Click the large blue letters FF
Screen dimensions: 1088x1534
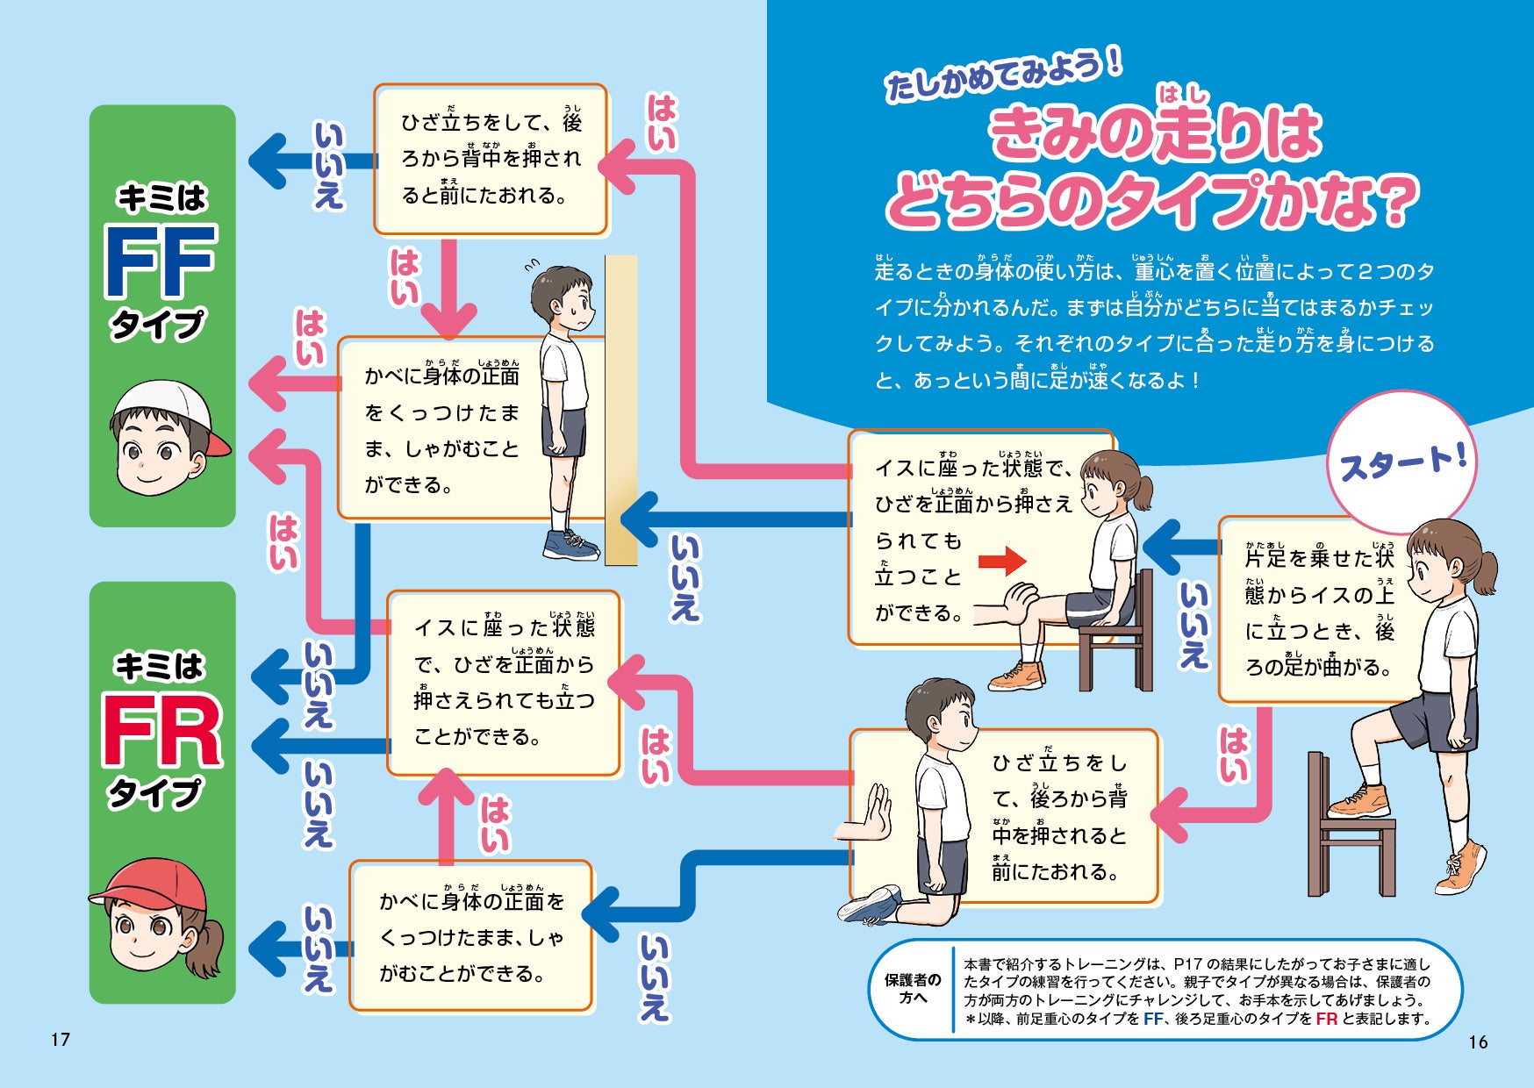click(x=160, y=261)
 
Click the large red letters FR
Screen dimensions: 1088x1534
click(x=162, y=730)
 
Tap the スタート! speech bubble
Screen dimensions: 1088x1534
click(x=1401, y=461)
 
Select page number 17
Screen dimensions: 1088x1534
click(x=60, y=1040)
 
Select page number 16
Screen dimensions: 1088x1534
click(x=1478, y=1041)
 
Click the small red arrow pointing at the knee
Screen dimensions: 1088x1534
click(x=1002, y=561)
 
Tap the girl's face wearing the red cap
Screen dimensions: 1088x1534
click(x=158, y=917)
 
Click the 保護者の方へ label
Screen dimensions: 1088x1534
click(x=913, y=989)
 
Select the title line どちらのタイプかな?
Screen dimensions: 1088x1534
click(x=1151, y=202)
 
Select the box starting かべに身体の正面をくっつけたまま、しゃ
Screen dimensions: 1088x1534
click(x=471, y=936)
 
